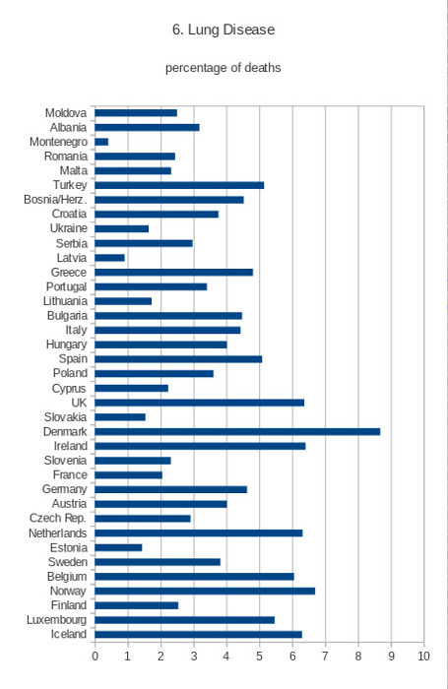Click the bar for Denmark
tap(237, 431)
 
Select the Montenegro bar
tap(101, 142)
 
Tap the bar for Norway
tap(205, 591)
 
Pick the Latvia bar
tap(110, 258)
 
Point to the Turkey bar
tap(179, 185)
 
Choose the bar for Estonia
tap(118, 547)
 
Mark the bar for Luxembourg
tap(185, 620)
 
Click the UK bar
tap(200, 403)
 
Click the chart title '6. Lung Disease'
tap(224, 30)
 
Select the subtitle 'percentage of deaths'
tap(223, 68)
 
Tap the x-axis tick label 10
tap(423, 657)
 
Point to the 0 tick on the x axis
tap(95, 657)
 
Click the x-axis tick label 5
tap(259, 657)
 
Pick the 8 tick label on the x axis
tap(358, 657)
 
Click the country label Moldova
tap(66, 113)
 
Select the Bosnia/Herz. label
tap(55, 200)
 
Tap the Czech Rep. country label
tap(57, 518)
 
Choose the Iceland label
tap(69, 634)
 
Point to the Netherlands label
tap(57, 533)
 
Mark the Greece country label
tap(69, 273)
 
